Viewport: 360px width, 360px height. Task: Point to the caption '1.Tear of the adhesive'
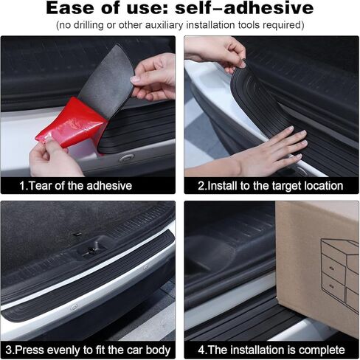click(76, 186)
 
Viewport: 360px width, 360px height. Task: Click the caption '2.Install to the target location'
click(271, 186)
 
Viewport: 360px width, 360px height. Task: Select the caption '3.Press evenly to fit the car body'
click(88, 350)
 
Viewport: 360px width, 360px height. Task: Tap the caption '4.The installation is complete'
click(271, 350)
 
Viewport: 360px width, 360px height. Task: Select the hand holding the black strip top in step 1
click(154, 77)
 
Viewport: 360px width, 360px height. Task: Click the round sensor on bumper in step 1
click(127, 157)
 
